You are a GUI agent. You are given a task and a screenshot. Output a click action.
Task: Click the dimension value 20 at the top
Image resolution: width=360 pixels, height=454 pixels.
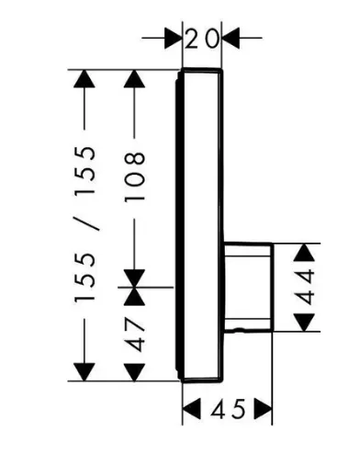coord(202,39)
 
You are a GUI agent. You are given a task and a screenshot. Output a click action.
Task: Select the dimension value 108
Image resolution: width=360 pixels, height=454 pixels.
coord(134,176)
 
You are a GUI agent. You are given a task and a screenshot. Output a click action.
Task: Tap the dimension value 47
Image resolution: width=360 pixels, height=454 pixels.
coord(134,335)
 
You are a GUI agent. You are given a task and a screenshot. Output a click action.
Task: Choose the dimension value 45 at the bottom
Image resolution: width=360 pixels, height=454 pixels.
coord(228,409)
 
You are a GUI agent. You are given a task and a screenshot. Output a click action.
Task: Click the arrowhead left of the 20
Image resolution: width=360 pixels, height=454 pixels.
coord(174,38)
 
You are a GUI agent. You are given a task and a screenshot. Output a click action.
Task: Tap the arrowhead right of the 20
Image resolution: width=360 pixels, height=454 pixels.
coord(231,38)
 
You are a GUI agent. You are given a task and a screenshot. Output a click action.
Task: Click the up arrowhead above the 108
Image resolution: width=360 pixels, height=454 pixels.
coord(134,79)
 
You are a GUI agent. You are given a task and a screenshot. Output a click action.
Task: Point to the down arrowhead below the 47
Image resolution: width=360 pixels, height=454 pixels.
coord(134,372)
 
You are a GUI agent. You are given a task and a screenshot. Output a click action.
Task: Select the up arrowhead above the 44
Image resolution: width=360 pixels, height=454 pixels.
coord(304,252)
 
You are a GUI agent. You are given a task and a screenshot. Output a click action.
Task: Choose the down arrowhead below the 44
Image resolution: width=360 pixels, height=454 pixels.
coord(304,323)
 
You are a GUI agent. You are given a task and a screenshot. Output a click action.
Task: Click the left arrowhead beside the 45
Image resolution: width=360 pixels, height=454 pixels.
coord(192,409)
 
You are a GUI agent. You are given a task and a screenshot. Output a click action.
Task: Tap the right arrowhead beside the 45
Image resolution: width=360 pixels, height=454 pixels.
coord(263,409)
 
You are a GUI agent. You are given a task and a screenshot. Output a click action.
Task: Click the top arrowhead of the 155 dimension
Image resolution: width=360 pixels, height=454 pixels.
coord(84,79)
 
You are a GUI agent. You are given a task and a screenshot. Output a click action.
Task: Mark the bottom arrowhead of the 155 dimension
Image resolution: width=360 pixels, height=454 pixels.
coord(84,372)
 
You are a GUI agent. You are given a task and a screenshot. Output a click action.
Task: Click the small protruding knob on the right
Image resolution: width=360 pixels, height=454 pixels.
coord(248,287)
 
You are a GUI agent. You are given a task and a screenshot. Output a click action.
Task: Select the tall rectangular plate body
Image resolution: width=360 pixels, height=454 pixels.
coord(199,225)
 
